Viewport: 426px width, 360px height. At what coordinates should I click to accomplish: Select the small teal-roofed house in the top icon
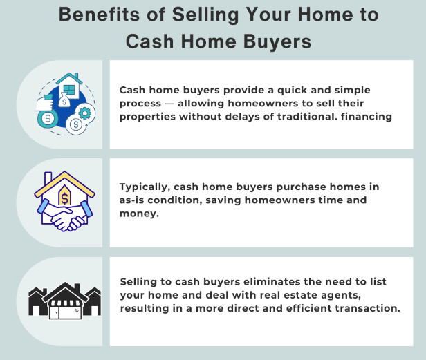(x=69, y=88)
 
